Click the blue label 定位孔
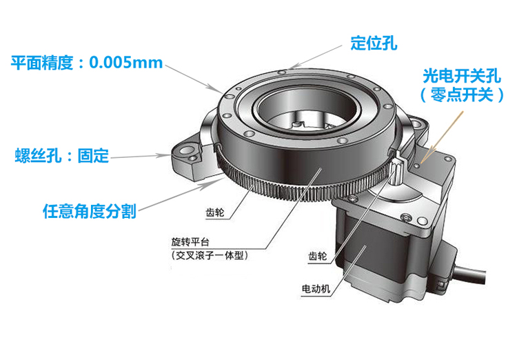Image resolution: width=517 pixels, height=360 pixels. [374, 43]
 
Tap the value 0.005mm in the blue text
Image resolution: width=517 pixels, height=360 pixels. [126, 62]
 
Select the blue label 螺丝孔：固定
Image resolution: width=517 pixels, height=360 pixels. [61, 156]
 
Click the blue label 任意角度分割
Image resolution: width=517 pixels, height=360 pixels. [90, 211]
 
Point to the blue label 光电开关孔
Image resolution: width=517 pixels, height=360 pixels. [462, 77]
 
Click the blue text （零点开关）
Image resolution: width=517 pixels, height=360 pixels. [462, 94]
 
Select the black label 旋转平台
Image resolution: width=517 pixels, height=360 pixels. [190, 242]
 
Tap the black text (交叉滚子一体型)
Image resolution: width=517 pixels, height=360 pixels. [210, 255]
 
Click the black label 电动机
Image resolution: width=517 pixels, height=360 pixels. [316, 289]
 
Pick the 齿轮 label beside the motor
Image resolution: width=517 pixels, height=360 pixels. [318, 256]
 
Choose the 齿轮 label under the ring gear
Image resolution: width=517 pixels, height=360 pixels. [215, 212]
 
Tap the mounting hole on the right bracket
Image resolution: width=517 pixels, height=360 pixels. [417, 124]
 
